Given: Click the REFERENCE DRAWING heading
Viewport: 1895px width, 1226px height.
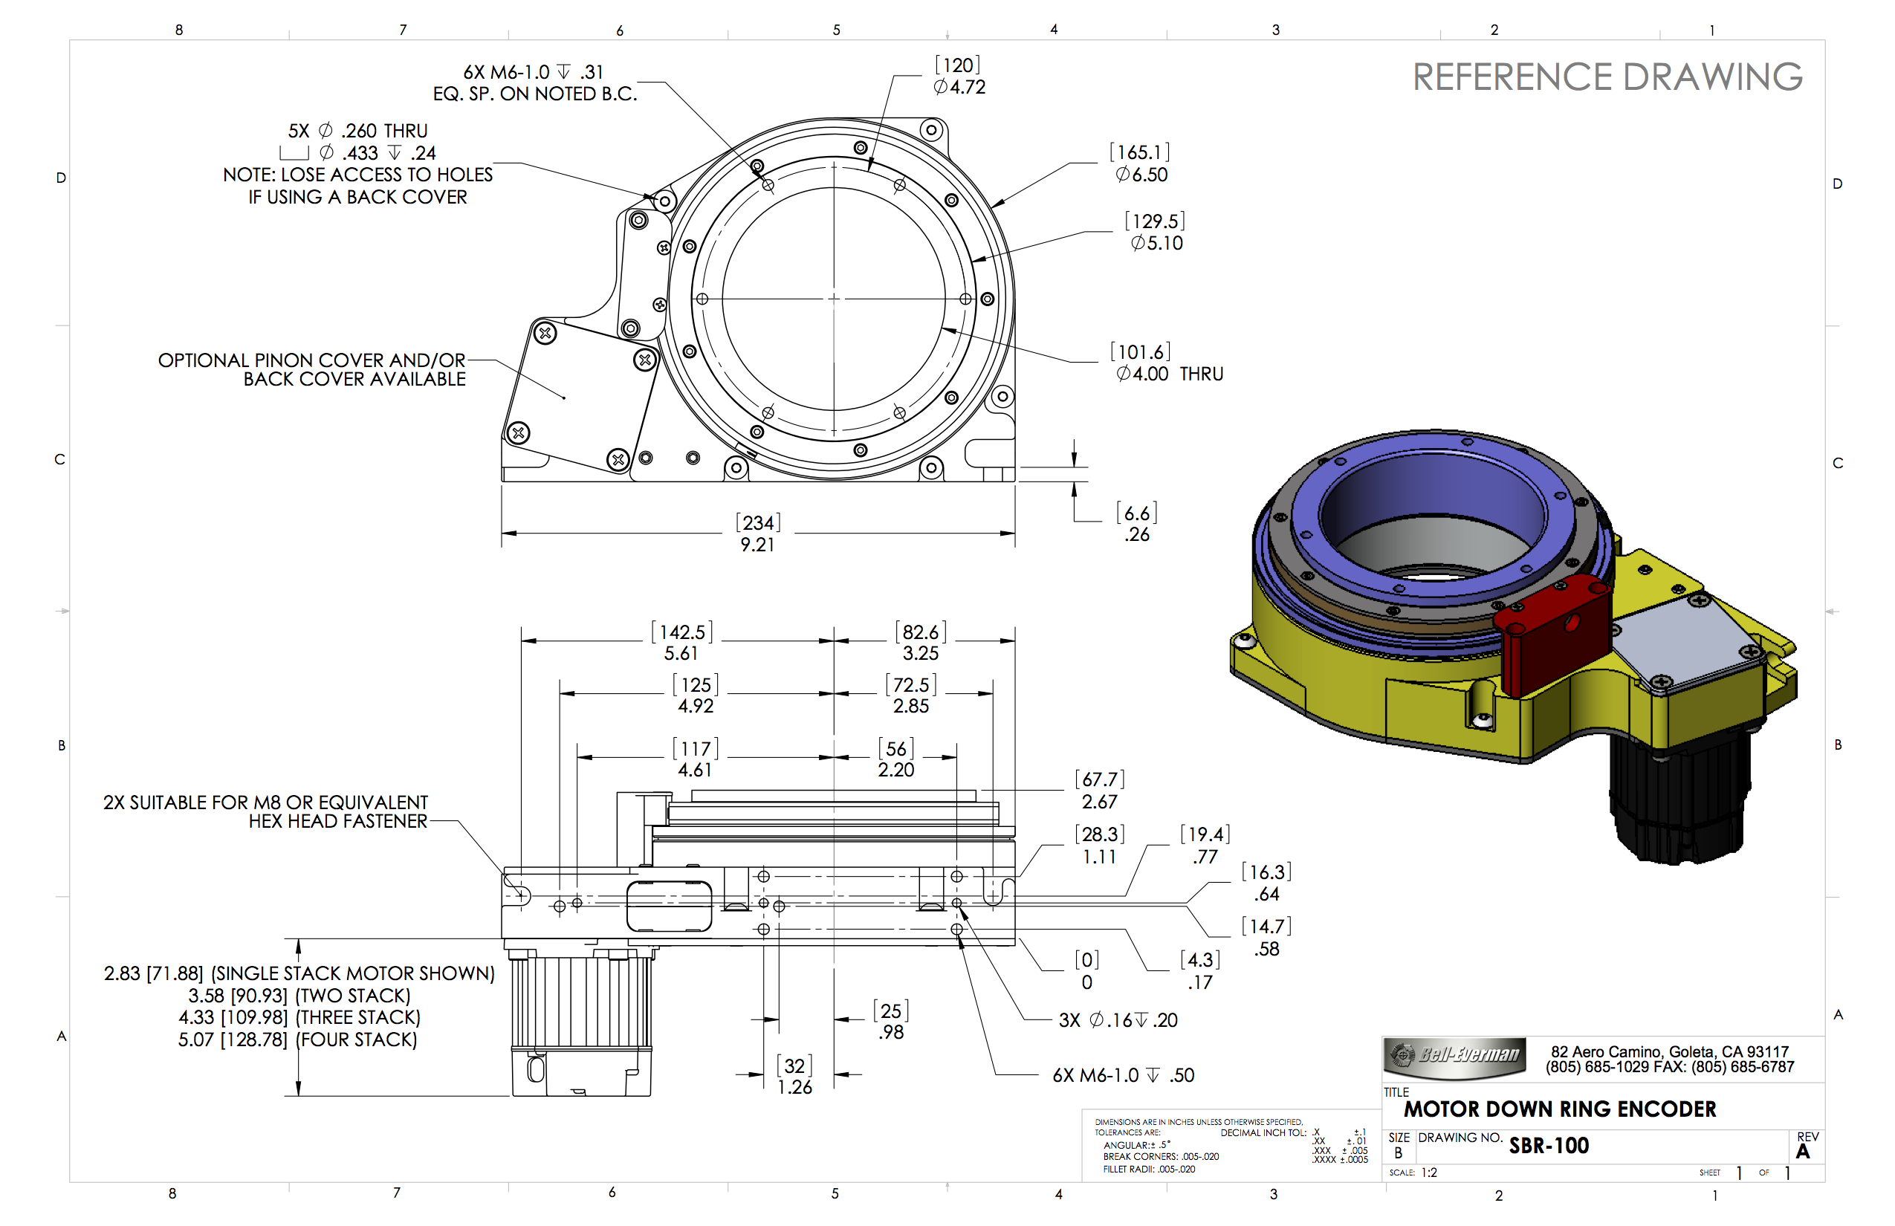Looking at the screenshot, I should tap(1606, 77).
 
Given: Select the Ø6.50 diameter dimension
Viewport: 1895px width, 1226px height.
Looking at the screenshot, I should tap(1141, 175).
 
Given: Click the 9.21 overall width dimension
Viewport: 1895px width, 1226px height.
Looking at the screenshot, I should tap(757, 545).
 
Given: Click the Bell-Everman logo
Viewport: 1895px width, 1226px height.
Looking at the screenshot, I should tap(1454, 1056).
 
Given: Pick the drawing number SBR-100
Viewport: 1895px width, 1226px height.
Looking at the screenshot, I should tap(1549, 1146).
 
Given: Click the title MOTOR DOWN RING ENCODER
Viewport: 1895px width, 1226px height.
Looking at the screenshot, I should tap(1559, 1109).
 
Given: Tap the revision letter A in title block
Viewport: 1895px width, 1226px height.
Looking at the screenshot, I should tap(1803, 1151).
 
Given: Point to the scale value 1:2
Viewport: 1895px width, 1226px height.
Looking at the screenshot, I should tap(1428, 1173).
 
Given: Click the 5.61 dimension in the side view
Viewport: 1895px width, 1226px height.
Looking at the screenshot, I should tap(681, 654).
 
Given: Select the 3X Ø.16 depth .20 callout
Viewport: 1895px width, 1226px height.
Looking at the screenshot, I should tap(1117, 1019).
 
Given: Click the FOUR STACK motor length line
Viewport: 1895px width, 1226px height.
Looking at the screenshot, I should tap(297, 1039).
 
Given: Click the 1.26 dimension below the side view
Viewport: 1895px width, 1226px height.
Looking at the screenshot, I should tap(794, 1088).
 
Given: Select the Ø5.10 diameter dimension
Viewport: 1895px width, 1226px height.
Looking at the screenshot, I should tap(1156, 243).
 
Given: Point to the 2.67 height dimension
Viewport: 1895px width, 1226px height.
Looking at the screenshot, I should tap(1099, 802).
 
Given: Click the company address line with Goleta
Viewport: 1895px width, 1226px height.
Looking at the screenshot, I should tap(1669, 1051).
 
